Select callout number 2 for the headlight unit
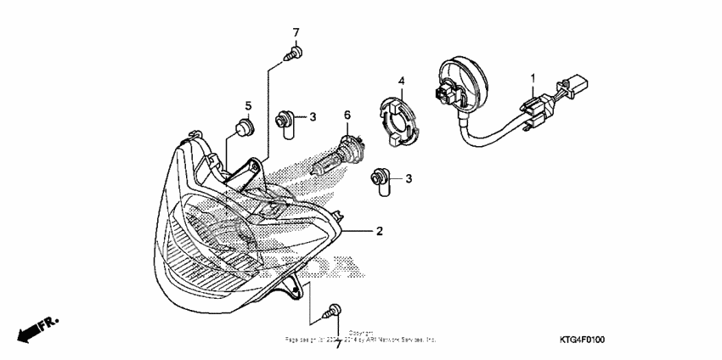(380, 231)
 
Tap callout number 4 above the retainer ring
(403, 82)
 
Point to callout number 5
(249, 106)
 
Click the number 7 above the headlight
(296, 33)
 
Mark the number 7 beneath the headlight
(337, 343)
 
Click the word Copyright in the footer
(361, 333)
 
